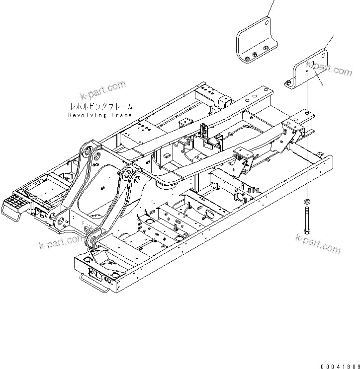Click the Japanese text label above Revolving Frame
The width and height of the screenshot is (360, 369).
[x=101, y=106]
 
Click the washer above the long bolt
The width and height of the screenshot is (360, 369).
[x=307, y=201]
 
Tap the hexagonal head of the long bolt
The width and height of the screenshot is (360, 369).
[x=307, y=231]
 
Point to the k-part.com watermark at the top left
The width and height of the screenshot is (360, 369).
[x=103, y=92]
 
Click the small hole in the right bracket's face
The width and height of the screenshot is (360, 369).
[x=308, y=72]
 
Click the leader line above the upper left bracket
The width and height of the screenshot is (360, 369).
[x=271, y=7]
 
